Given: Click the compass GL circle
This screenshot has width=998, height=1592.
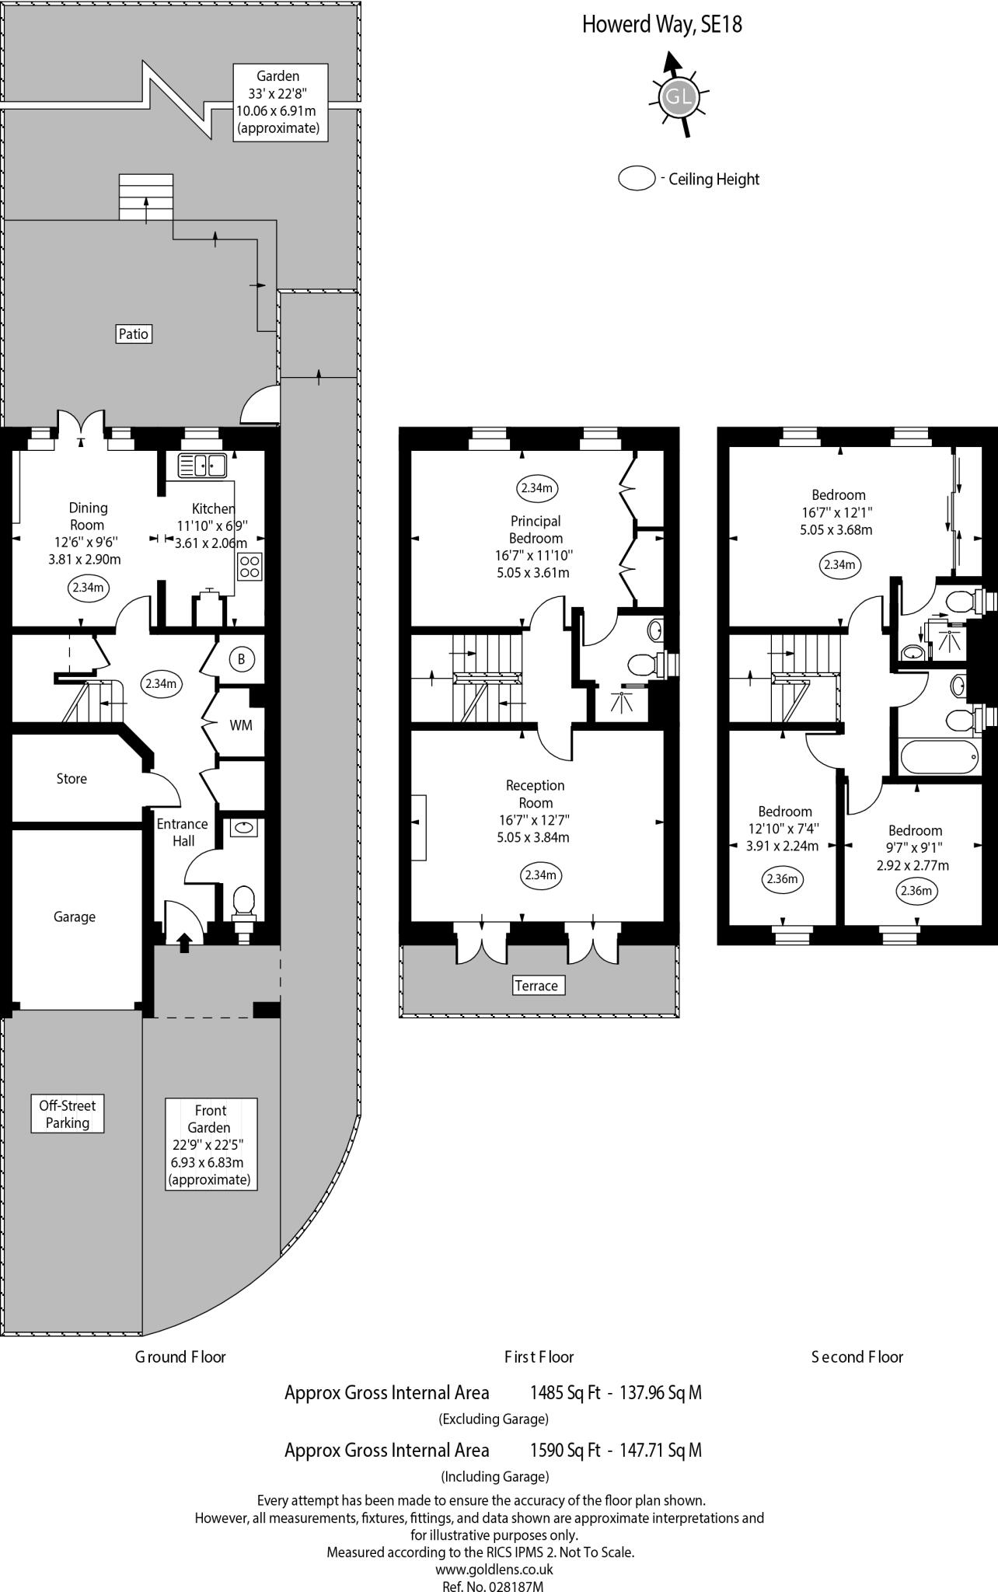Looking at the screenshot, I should (676, 96).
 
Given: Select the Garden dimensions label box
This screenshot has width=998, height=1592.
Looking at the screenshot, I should (278, 102).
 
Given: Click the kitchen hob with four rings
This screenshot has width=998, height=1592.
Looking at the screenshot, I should (249, 566).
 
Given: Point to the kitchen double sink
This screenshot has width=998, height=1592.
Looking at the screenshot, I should (201, 465).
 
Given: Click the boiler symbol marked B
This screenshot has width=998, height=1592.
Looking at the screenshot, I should (242, 659).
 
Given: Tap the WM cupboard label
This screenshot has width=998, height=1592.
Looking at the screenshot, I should (241, 725).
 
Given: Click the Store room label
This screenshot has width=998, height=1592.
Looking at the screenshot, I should (72, 778).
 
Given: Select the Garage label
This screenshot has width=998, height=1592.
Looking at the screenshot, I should (75, 916).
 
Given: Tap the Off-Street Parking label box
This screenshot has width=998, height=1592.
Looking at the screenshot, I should (68, 1114).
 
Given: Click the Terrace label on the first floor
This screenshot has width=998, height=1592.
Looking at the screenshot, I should (536, 986).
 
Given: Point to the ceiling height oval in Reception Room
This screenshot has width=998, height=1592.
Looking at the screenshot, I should (540, 875).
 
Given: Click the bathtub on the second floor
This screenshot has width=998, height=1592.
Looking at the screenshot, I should (940, 757).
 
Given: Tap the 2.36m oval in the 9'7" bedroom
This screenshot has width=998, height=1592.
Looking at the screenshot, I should (916, 890).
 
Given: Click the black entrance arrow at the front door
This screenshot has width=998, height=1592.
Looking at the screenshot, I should (185, 942).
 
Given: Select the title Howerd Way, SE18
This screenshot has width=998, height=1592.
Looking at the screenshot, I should (662, 24).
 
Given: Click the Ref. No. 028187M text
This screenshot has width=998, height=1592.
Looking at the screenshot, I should (493, 1585).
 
